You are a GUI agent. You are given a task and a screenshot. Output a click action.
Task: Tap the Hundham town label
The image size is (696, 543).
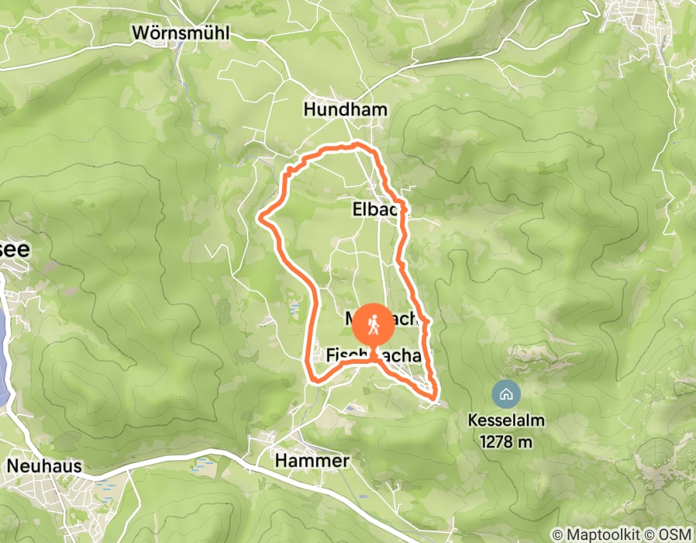tap(345, 109)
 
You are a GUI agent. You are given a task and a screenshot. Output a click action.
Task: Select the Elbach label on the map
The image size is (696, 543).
tap(378, 209)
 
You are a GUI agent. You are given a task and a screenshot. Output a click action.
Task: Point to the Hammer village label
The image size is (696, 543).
tap(312, 461)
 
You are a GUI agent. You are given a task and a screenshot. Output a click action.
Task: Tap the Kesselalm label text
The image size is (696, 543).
tap(506, 421)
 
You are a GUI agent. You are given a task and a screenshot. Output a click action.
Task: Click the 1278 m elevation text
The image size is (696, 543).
tap(506, 441)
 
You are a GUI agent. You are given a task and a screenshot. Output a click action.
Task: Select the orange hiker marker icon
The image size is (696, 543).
tap(374, 325)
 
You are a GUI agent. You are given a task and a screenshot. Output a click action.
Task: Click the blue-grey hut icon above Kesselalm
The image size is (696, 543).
tap(506, 394)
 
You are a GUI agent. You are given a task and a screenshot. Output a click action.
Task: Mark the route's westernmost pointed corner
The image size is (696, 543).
tap(260, 219)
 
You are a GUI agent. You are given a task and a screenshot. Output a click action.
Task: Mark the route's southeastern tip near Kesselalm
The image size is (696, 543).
tap(435, 398)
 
